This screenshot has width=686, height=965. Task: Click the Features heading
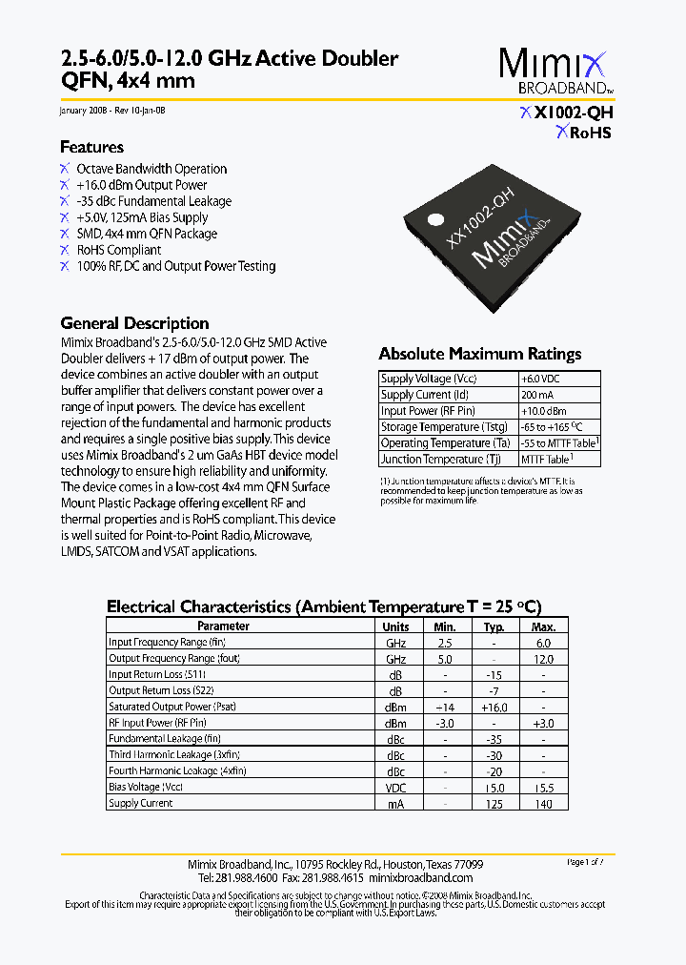point(91,147)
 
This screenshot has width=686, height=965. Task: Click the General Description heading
point(134,323)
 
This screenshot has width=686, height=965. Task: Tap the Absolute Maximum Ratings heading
point(479,354)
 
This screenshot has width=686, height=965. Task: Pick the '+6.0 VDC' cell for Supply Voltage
point(540,379)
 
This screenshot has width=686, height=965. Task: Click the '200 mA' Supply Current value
point(536,395)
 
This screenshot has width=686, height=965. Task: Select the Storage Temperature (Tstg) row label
point(443,427)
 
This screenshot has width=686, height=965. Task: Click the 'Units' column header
point(395,626)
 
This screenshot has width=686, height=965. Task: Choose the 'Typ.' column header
point(494,626)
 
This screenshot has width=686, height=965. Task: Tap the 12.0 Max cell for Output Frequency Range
point(543,659)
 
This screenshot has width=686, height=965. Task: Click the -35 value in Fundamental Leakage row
point(494,739)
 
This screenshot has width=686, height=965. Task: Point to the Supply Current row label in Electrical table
point(141,804)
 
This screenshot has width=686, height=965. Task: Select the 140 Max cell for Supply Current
point(543,804)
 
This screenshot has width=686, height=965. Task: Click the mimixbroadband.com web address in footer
point(420,877)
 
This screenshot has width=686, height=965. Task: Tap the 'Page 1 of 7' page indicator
point(585,862)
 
